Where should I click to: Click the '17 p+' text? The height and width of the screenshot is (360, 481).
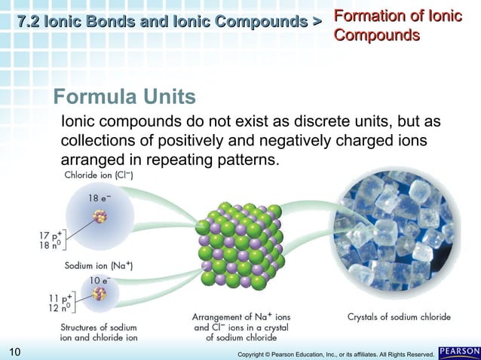(x=51, y=235)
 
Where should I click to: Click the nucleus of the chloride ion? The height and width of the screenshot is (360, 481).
(x=100, y=217)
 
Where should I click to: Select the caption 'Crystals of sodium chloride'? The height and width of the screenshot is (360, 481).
(x=399, y=317)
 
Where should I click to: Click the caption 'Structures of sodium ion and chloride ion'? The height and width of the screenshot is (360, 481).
(x=99, y=332)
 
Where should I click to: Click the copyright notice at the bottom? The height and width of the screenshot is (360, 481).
(x=335, y=353)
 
